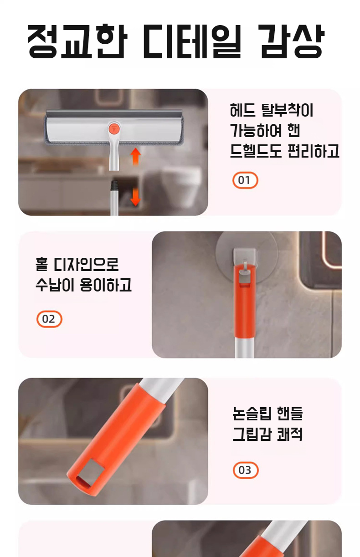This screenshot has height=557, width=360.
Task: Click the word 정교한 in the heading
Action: (x=77, y=41)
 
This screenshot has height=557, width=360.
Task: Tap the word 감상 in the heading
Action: (x=292, y=41)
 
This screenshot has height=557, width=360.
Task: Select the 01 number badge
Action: (x=245, y=180)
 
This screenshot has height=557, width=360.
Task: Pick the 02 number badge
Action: (x=49, y=319)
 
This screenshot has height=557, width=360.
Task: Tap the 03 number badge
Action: (x=246, y=470)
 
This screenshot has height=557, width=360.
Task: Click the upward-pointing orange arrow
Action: (x=136, y=156)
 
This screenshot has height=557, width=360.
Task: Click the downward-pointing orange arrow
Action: (x=136, y=197)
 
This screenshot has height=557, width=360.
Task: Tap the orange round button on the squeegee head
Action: (x=114, y=128)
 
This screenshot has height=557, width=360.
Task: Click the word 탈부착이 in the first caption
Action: (x=287, y=110)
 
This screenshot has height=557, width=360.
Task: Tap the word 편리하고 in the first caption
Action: (x=313, y=151)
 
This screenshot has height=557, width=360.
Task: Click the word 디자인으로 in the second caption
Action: (x=86, y=264)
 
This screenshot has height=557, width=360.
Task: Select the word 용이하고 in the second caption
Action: (x=105, y=285)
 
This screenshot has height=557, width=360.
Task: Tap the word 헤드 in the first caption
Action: (x=242, y=110)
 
